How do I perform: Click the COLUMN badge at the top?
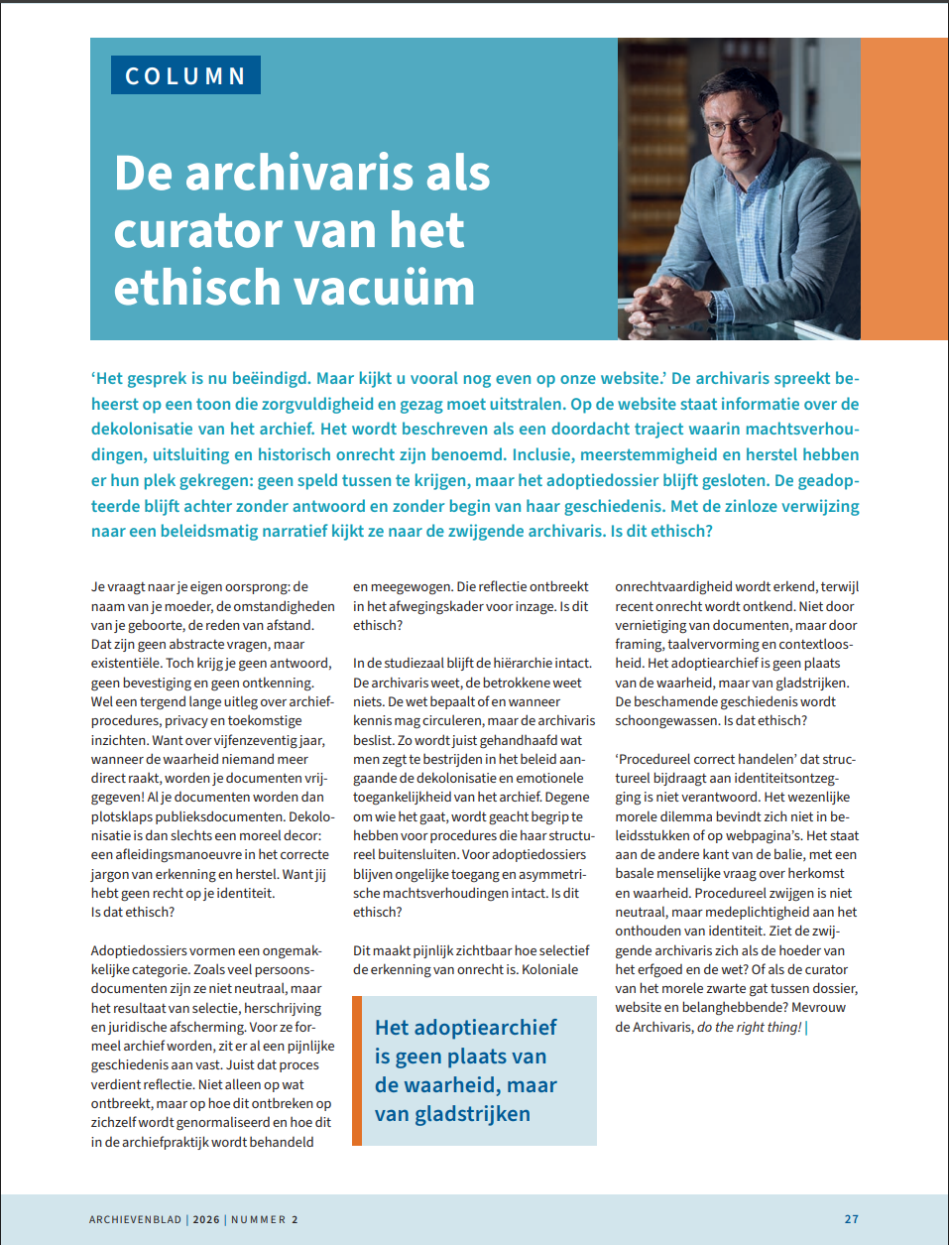pos(185,75)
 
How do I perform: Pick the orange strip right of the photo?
pos(903,188)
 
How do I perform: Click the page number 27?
pos(851,1219)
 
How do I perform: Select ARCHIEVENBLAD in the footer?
pos(136,1219)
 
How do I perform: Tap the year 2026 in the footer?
pos(206,1219)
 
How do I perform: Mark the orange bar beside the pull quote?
pos(357,1070)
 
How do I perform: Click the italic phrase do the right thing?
pos(750,1027)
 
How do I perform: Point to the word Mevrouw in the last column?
pos(819,1008)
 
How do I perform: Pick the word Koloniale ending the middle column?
pos(549,969)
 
